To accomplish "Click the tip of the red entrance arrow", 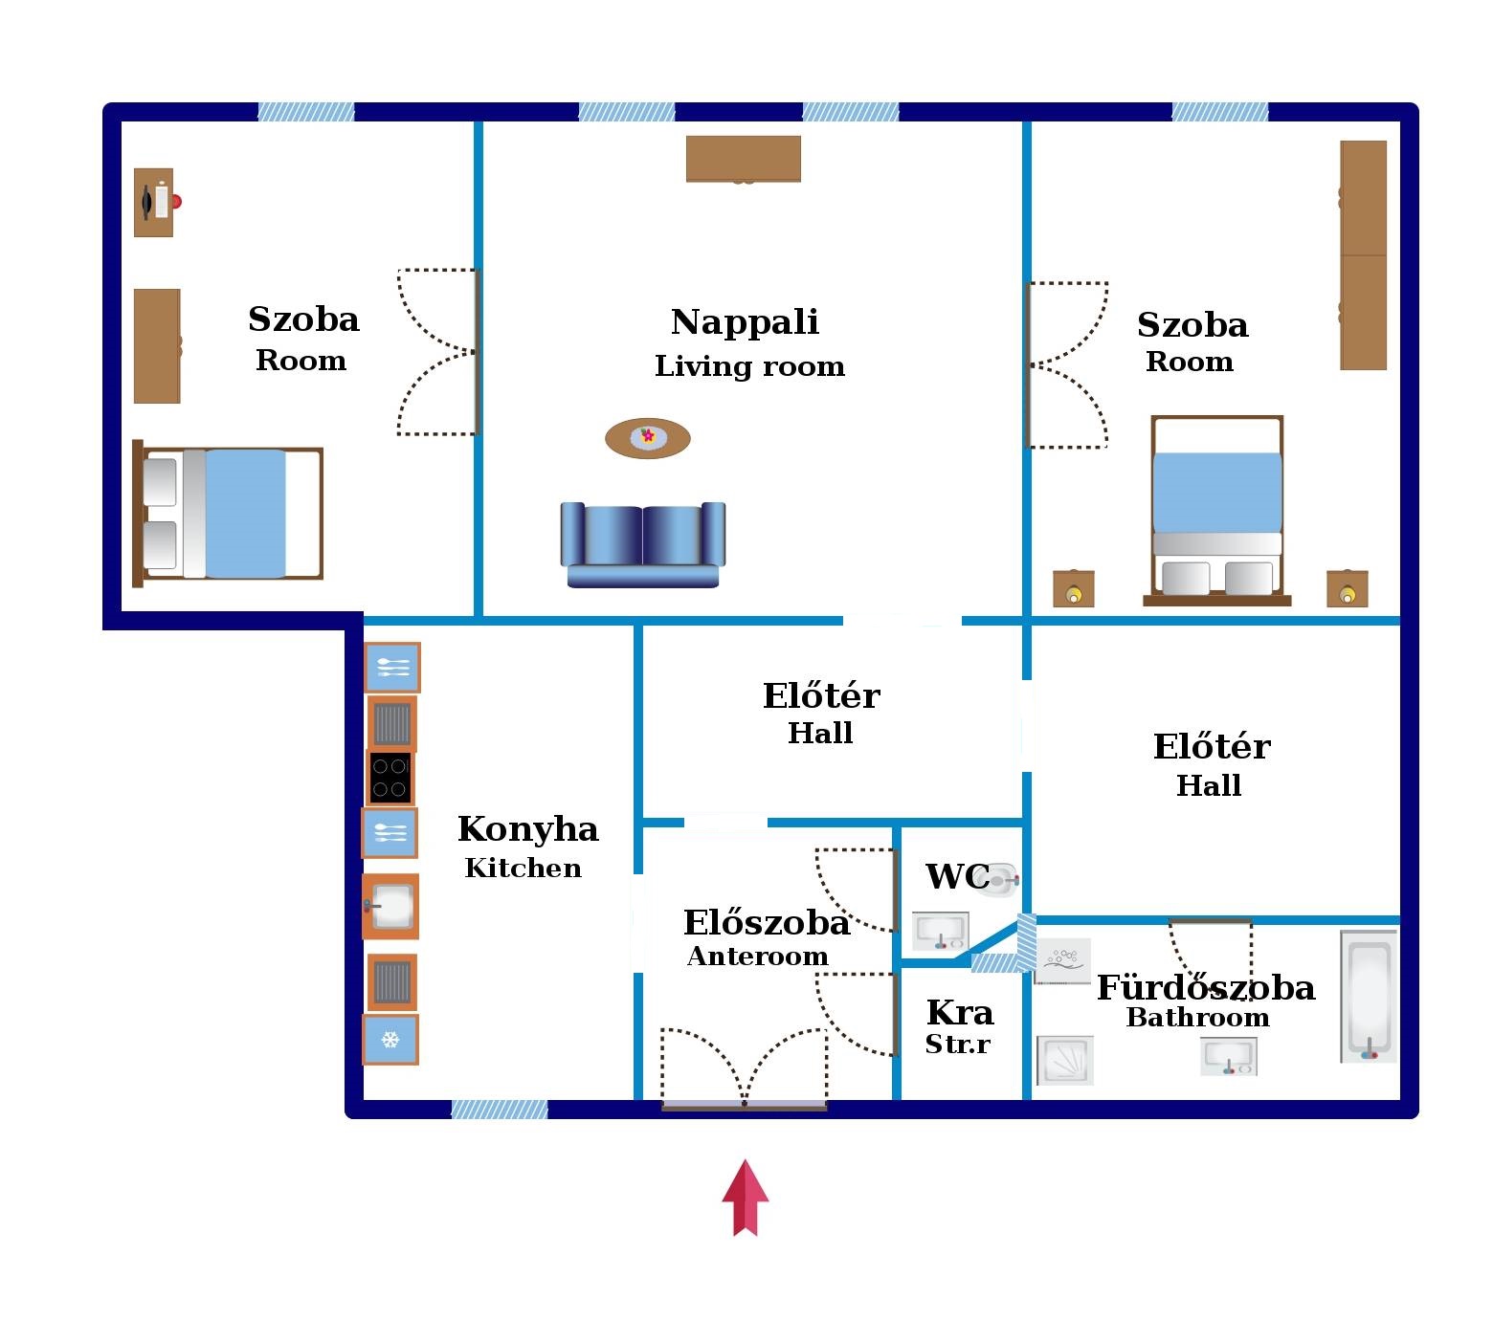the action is (x=745, y=1160).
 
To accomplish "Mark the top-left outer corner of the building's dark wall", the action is (x=103, y=103).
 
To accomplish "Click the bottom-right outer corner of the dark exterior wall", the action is (x=1417, y=1117).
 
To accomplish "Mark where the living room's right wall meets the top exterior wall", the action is (x=1026, y=121).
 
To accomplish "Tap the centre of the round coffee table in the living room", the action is (x=648, y=438).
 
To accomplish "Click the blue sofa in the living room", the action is (x=642, y=544).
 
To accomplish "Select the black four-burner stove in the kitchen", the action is (x=390, y=777).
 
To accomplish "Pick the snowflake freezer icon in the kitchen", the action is (x=390, y=1040).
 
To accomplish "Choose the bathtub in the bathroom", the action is (x=1369, y=997).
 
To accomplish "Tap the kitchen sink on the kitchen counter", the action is (x=390, y=906).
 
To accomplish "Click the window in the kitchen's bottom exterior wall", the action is (x=500, y=1109).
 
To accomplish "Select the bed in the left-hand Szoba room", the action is (x=228, y=514).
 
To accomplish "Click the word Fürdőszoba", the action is (x=1206, y=987).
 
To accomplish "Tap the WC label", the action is (x=957, y=876).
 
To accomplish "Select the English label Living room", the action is (x=749, y=366).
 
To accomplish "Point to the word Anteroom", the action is (x=757, y=956).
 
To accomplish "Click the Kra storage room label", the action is (x=960, y=1012).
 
